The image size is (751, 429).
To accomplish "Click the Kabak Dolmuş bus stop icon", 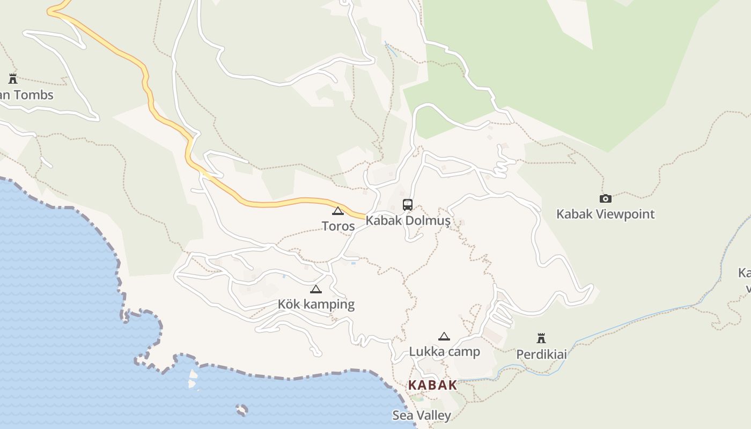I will click(x=408, y=204).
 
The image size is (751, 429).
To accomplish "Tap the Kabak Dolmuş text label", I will click(x=408, y=220).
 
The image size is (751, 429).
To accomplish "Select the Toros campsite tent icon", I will click(x=337, y=211).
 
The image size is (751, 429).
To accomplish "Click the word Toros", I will click(x=338, y=226).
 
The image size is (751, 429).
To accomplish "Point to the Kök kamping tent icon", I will click(x=316, y=290).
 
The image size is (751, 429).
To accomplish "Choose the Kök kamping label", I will click(x=316, y=305).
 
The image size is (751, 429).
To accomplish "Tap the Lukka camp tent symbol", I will click(x=444, y=337).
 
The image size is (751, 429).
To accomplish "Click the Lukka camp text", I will click(x=444, y=352).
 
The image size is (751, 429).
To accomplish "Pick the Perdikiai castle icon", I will click(x=541, y=338).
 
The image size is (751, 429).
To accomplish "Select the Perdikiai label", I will click(x=541, y=354).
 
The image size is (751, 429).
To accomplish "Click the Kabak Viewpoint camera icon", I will click(x=605, y=199).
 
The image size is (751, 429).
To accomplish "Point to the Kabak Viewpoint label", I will click(x=605, y=214).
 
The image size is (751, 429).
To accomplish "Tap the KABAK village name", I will click(x=432, y=385).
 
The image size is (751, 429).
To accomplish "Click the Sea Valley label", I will click(x=421, y=416).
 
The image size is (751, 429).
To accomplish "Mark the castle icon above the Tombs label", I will click(x=13, y=79).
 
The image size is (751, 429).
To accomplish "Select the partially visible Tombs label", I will click(x=27, y=95).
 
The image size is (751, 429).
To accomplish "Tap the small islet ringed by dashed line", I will click(x=242, y=410).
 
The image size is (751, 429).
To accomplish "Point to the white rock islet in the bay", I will click(x=192, y=378).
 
